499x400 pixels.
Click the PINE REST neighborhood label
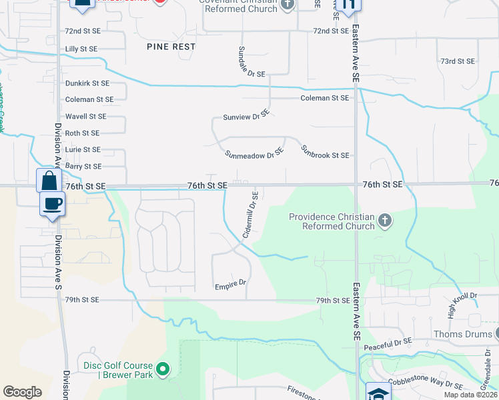[171, 47]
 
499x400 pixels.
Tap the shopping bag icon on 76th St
[49, 180]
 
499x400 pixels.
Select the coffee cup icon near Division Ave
[52, 203]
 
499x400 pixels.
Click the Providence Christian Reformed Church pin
[384, 221]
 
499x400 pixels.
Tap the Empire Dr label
[230, 284]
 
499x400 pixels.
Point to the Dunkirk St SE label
[87, 83]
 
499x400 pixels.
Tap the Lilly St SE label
[81, 49]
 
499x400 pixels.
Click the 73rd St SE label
[457, 61]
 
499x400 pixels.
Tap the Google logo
[22, 392]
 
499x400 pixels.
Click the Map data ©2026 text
[470, 395]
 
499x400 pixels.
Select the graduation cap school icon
[378, 393]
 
